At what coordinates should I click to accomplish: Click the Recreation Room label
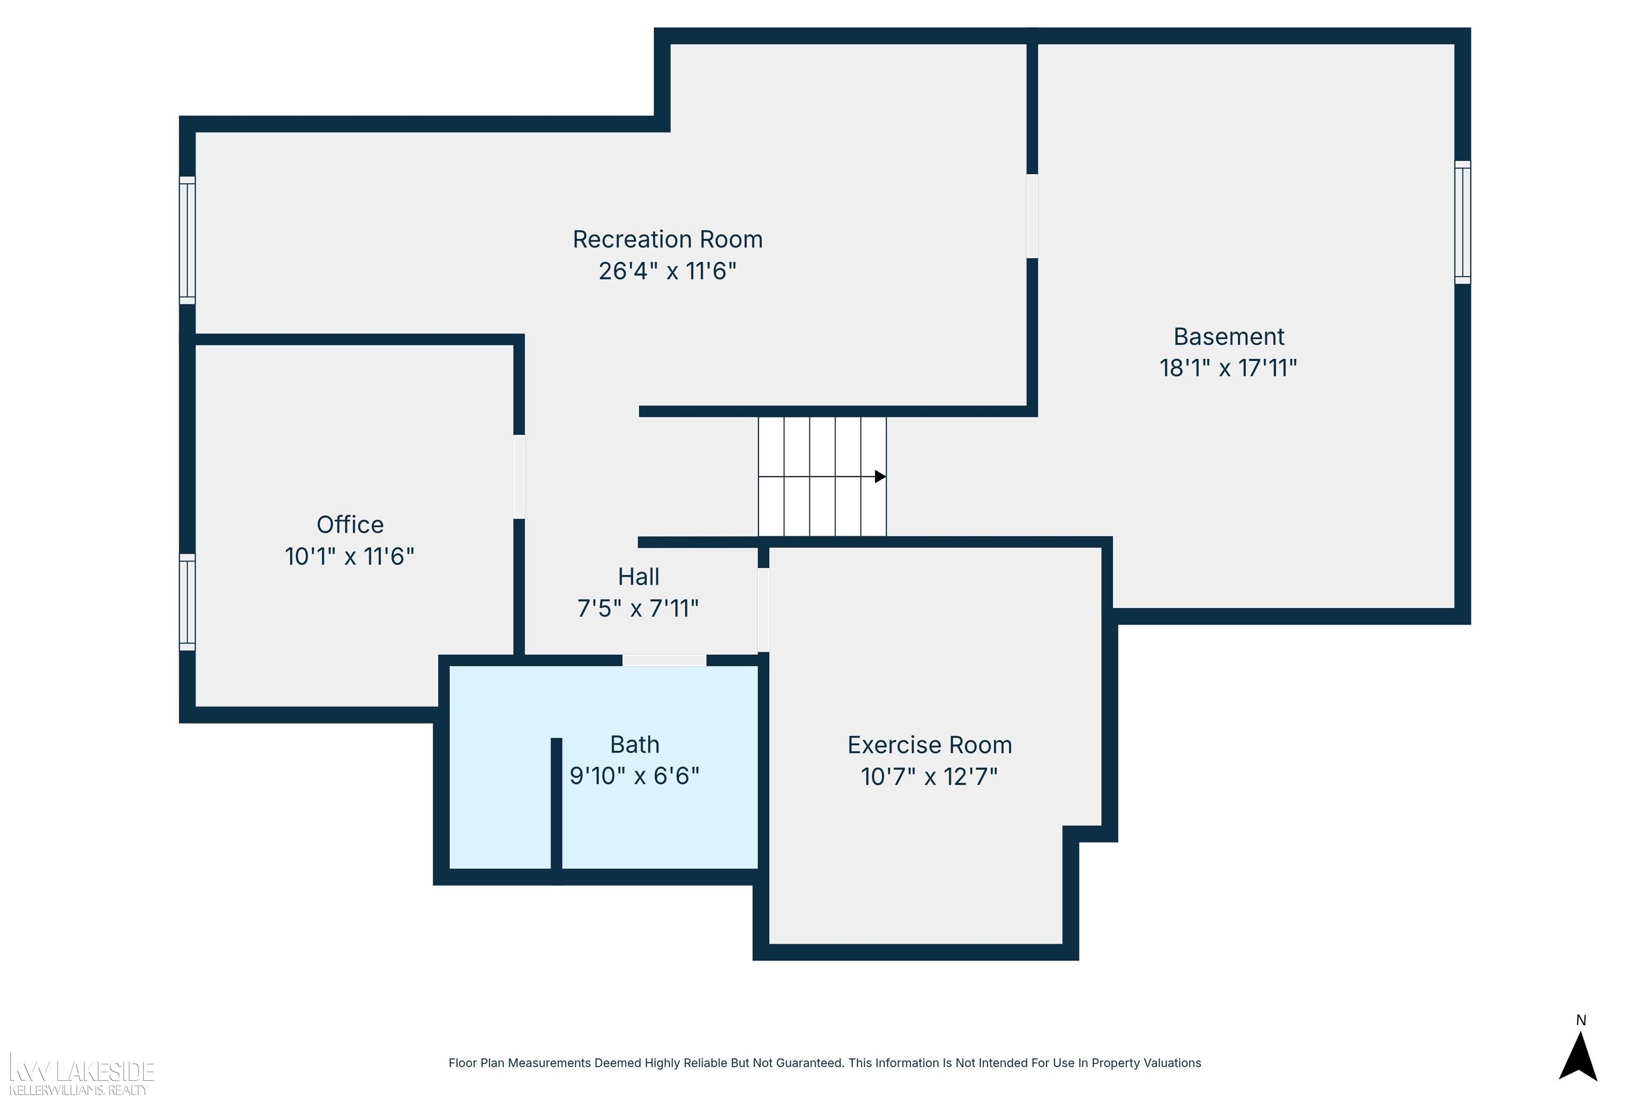click(667, 239)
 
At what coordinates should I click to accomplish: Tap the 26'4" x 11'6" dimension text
click(667, 271)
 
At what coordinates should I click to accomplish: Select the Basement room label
click(1228, 337)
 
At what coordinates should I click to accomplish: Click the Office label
click(350, 525)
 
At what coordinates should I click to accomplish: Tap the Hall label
click(639, 577)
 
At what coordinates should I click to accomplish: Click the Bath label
click(634, 744)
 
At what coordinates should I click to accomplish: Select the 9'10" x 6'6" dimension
click(634, 776)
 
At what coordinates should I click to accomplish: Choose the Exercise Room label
click(930, 745)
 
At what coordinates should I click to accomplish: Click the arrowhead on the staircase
click(880, 477)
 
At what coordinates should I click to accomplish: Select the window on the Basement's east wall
click(1462, 222)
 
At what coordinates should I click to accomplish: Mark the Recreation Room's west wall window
click(187, 241)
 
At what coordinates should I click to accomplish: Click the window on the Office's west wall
click(187, 602)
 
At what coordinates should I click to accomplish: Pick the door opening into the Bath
click(664, 660)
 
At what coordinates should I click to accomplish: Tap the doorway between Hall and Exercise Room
click(763, 610)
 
